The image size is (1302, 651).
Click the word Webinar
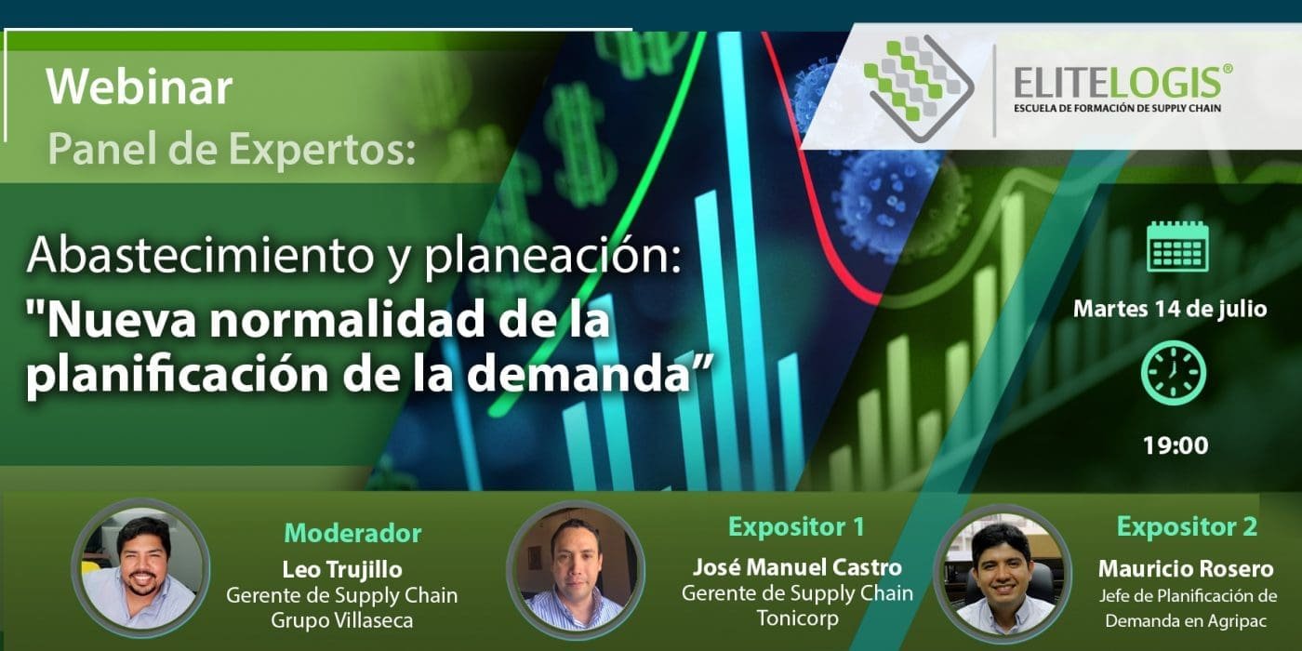[x=139, y=87]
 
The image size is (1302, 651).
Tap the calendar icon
[x=1177, y=246]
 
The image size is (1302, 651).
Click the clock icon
[x=1173, y=373]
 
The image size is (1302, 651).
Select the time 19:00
[x=1176, y=445]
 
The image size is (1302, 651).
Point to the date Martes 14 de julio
[x=1170, y=309]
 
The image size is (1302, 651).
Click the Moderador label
[x=352, y=533]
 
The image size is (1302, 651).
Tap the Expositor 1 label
[x=796, y=526]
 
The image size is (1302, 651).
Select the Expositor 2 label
[x=1187, y=526]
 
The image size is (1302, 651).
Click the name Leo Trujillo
[x=342, y=569]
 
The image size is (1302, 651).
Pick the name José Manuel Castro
[x=797, y=566]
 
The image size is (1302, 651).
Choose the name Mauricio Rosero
[x=1186, y=568]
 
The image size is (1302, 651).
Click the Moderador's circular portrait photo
[x=140, y=568]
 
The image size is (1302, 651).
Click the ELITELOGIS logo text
[x=1122, y=83]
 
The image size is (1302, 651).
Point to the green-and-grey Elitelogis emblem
[x=919, y=87]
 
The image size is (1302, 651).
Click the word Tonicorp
[x=798, y=618]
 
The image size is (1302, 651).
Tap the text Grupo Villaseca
[x=342, y=620]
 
